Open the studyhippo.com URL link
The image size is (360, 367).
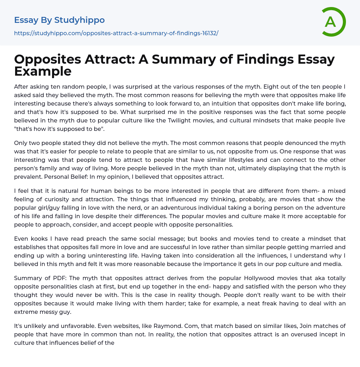(x=116, y=33)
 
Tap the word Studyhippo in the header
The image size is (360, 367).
(x=79, y=20)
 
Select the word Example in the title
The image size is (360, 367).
(x=43, y=71)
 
